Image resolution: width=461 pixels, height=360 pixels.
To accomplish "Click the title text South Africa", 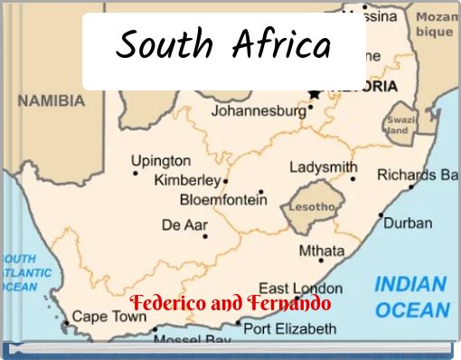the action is (223, 44).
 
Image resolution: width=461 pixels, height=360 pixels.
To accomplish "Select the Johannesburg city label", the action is (259, 111).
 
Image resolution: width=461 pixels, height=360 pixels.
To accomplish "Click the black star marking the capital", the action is (314, 93).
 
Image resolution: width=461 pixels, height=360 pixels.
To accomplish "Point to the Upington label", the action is (161, 161).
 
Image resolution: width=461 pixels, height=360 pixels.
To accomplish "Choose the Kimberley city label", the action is (187, 180).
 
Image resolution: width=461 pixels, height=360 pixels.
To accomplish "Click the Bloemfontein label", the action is (222, 200).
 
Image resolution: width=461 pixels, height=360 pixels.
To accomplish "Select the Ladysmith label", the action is (323, 168).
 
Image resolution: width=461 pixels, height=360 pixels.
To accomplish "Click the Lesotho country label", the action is (312, 207).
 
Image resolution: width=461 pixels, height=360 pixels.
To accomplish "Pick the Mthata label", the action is (321, 251).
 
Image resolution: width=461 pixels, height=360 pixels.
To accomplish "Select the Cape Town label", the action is (108, 317).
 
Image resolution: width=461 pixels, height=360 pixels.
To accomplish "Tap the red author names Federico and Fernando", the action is (230, 303).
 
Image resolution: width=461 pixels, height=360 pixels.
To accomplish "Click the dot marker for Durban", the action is (381, 215).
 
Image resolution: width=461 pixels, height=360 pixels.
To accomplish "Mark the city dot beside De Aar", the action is (205, 237).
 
